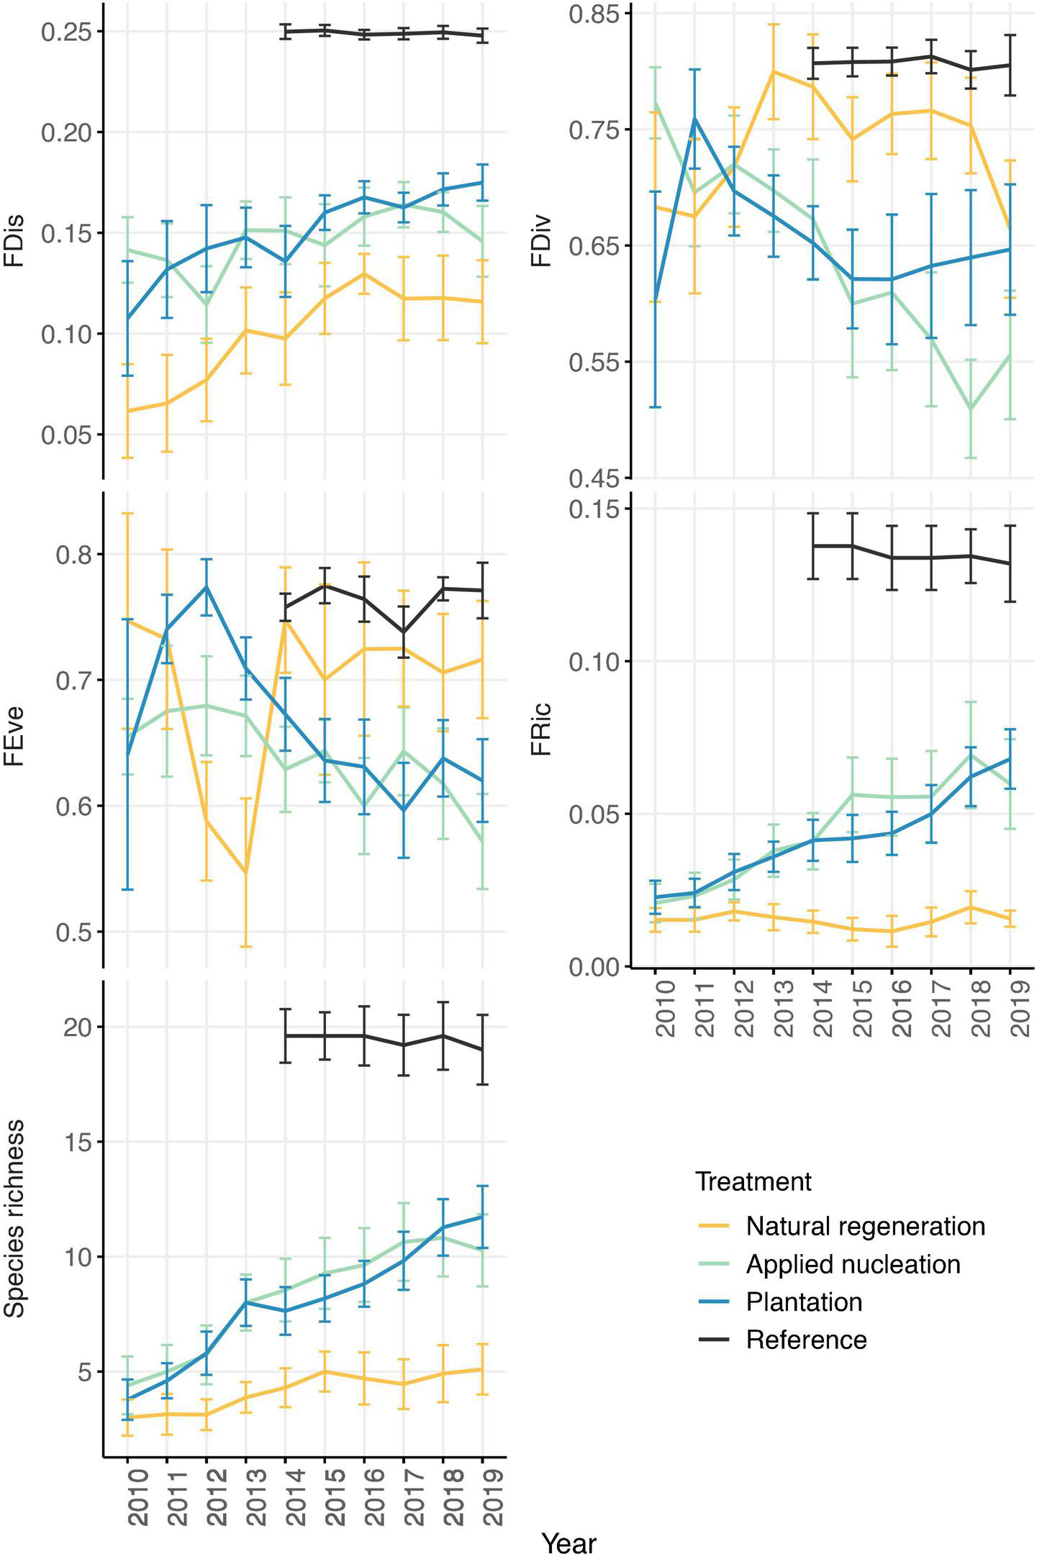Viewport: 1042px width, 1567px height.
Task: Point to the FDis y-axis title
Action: (x=14, y=241)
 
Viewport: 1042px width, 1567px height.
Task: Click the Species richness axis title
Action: (x=14, y=1218)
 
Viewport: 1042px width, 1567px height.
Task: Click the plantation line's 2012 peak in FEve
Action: (x=207, y=586)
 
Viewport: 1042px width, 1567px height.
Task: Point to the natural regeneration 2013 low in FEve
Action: (x=246, y=873)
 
